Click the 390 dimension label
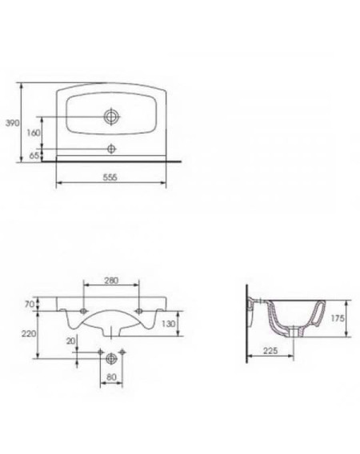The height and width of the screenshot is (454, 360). (x=13, y=123)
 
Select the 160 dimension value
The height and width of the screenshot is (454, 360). (x=34, y=133)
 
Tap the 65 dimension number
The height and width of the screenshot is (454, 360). (x=34, y=156)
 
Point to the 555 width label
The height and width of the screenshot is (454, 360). (x=110, y=177)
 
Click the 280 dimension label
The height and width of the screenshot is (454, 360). (x=111, y=281)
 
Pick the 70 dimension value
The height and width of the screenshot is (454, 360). (x=30, y=305)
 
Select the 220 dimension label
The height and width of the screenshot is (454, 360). (x=29, y=333)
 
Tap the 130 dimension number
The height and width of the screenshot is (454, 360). (x=169, y=324)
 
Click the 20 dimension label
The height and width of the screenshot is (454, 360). (x=70, y=341)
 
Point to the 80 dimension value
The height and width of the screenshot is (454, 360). (x=111, y=377)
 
